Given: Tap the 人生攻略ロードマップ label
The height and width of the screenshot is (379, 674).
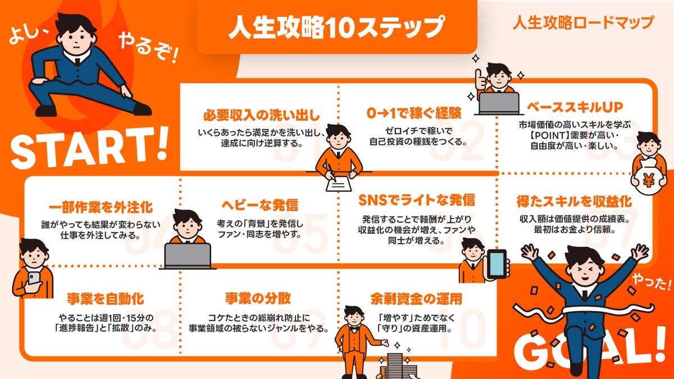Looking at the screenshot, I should (583, 23).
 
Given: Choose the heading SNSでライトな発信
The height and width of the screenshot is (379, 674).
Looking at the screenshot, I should (416, 200).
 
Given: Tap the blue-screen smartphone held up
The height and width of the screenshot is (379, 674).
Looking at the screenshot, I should (497, 264).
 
